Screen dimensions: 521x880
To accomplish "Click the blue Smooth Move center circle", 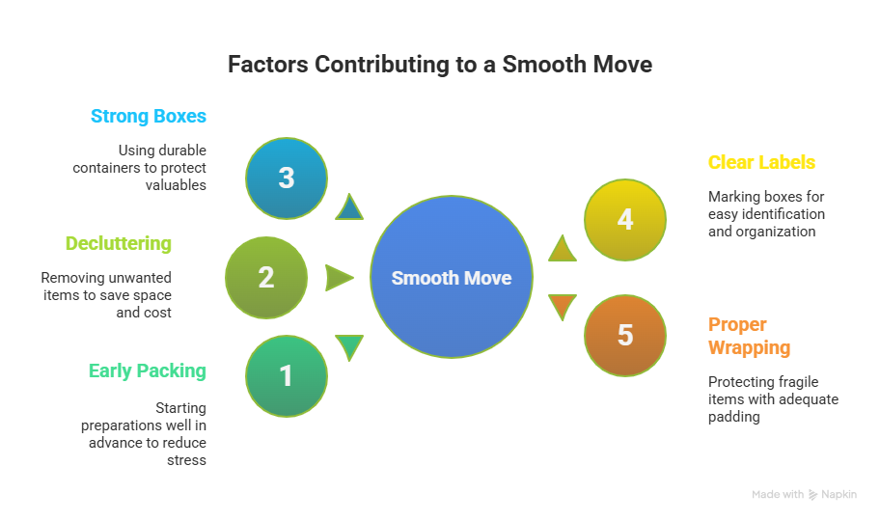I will click(452, 278).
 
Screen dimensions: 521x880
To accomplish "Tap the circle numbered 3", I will click(287, 178).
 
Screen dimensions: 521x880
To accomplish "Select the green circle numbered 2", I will click(266, 278).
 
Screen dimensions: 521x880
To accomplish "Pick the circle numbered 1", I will click(287, 376).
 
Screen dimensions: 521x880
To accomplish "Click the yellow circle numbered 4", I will click(625, 220).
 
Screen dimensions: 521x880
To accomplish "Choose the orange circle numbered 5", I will click(625, 335).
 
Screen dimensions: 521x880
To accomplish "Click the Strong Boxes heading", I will click(149, 117).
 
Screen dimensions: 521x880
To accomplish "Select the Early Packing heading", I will click(147, 370).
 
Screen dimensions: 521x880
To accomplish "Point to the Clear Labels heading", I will click(761, 162).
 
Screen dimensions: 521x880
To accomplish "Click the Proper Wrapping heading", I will click(749, 336).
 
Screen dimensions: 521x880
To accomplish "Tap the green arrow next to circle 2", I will click(339, 278).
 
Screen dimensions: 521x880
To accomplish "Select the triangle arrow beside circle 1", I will click(348, 346).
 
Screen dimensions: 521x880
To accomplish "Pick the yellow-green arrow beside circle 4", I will click(562, 249).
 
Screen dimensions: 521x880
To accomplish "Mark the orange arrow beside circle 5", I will click(562, 307).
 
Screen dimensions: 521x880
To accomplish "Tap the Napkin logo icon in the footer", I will click(812, 495).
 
